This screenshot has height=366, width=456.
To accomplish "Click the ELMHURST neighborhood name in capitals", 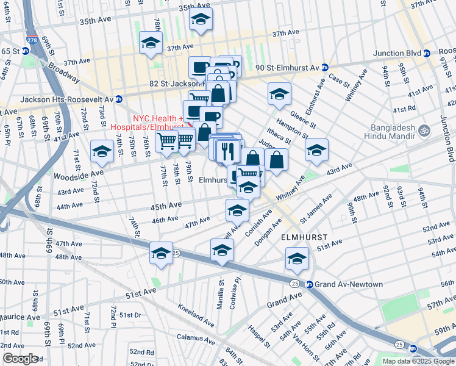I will [304, 236].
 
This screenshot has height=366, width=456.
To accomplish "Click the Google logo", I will [20, 359].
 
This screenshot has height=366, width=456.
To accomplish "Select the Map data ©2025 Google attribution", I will [418, 361].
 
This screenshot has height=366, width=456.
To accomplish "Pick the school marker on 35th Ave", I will [201, 19].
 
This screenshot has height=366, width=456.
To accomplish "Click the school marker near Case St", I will [279, 93].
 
